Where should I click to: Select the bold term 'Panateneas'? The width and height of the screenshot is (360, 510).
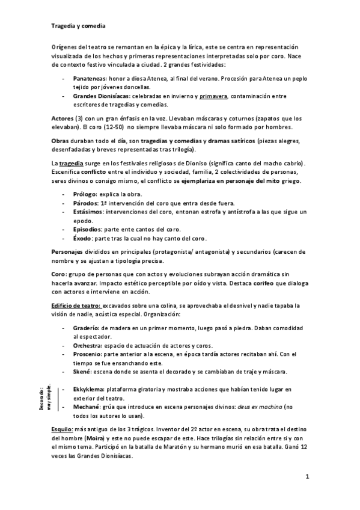coord(90,79)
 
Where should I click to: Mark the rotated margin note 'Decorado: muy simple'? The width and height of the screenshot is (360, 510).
coord(53,398)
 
